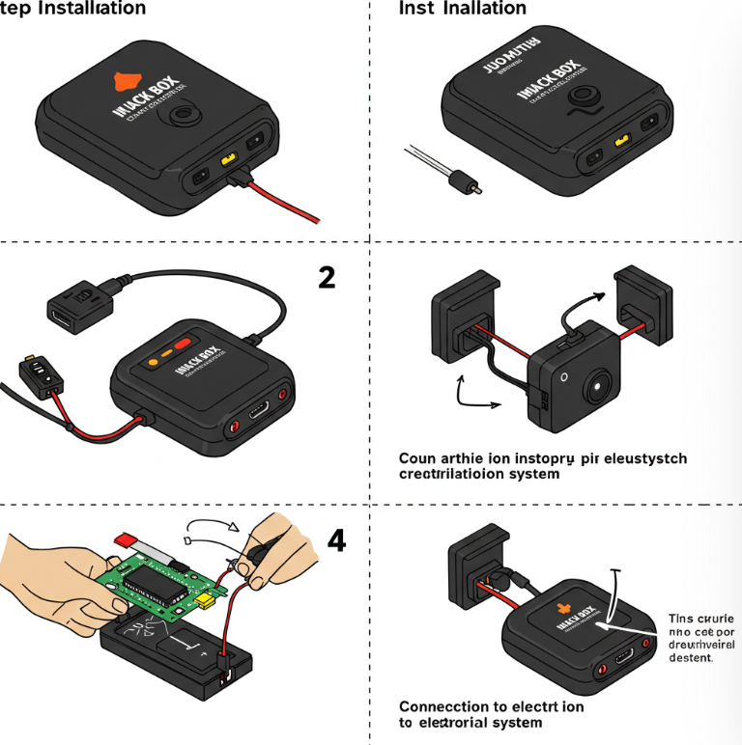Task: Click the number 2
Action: click(327, 278)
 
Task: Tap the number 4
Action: click(335, 541)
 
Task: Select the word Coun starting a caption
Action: click(418, 458)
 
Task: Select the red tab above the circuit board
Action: click(128, 539)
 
